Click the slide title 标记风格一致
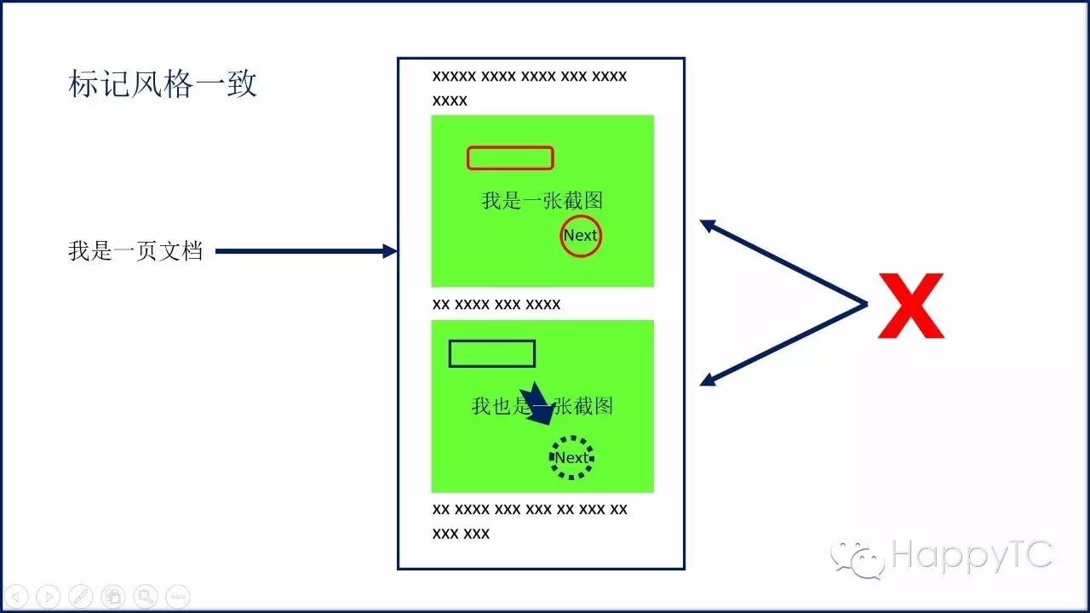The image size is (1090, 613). coord(162,84)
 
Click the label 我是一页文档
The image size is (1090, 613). coord(135,252)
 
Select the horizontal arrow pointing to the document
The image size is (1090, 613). coord(306,251)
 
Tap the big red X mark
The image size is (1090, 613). coord(910,306)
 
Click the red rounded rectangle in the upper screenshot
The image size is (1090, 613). coord(510,158)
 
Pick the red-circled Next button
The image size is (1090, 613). coord(581,236)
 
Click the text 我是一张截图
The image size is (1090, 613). coord(542,201)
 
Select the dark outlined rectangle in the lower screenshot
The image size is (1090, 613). coord(491,353)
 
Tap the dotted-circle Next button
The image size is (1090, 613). coord(571,458)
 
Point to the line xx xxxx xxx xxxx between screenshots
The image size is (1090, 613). coord(496,304)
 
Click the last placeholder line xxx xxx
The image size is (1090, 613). coord(461,534)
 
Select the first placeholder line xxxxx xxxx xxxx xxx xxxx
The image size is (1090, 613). coord(530,76)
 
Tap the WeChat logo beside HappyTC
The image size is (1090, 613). coord(858,559)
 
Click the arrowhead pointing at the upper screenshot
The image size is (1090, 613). coord(708,226)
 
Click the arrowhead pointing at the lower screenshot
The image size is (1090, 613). coord(708,381)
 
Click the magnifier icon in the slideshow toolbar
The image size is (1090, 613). coord(146,597)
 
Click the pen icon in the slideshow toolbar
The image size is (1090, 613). coord(80,597)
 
